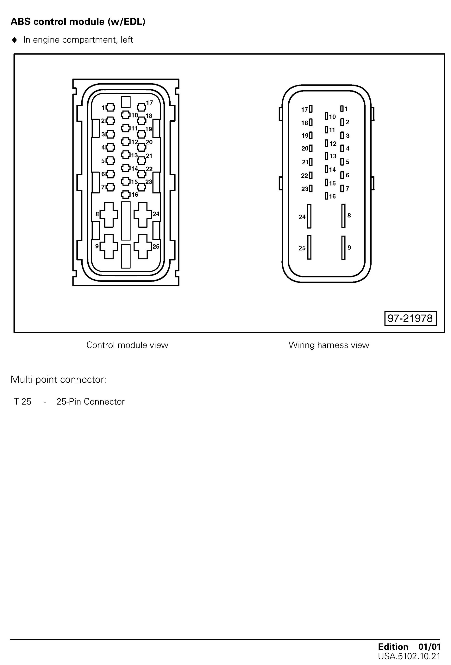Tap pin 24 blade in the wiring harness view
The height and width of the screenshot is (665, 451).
coord(309,216)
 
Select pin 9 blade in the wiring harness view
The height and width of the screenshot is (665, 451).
coord(343,248)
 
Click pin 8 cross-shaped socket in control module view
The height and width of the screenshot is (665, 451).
coord(109,215)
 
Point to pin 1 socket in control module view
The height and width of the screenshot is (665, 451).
coord(110,108)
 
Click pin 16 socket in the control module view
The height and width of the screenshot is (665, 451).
coord(126,195)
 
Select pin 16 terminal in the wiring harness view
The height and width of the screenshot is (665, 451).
coord(326,196)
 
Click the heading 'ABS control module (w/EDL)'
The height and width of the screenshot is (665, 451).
coord(78,22)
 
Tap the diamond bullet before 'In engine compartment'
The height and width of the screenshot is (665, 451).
coord(15,40)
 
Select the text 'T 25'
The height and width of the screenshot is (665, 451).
coord(23,402)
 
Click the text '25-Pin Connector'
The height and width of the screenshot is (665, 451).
coord(90,402)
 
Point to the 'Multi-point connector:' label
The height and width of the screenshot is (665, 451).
coord(58,379)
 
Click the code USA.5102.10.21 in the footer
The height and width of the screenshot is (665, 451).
coord(409,656)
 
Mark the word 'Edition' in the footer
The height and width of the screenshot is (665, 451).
coord(393,647)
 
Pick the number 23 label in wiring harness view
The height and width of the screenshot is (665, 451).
coord(305,189)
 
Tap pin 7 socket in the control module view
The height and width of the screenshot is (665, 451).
coord(110,187)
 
